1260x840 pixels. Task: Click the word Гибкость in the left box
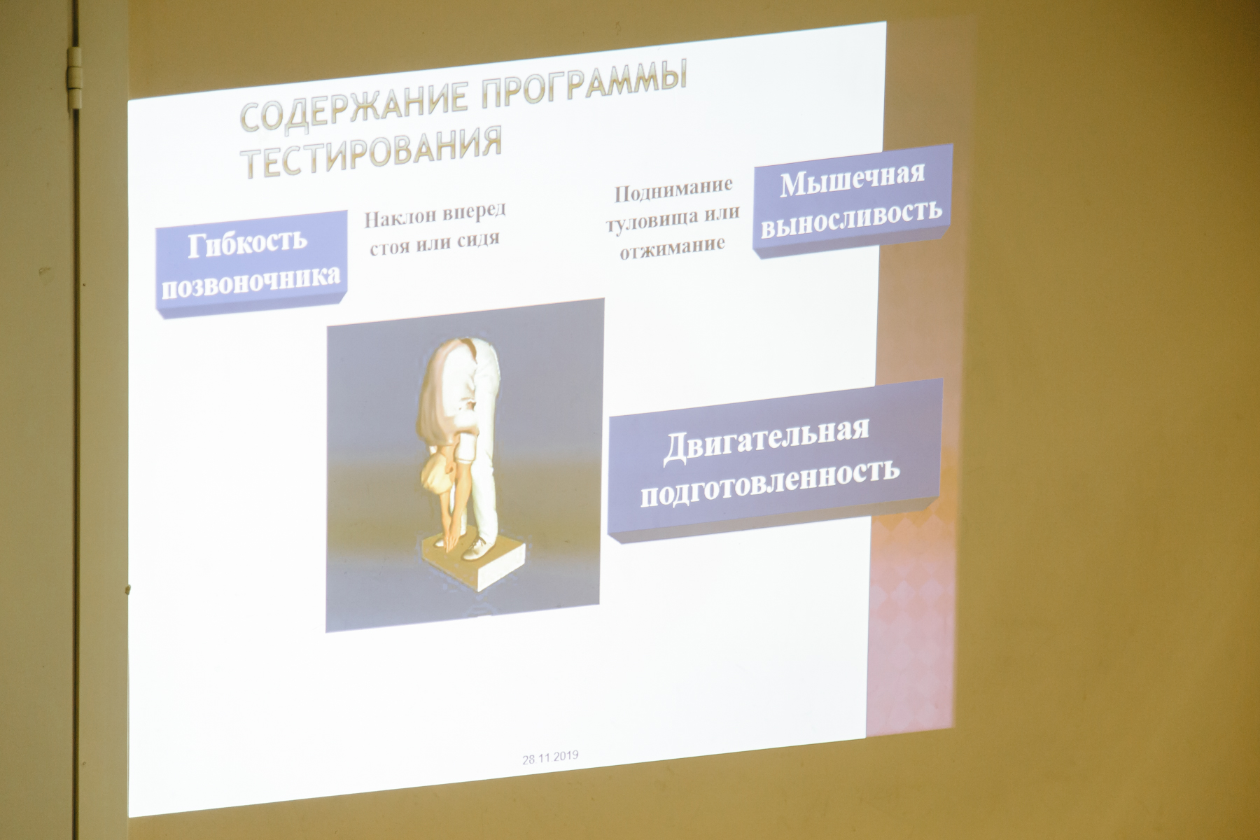(247, 242)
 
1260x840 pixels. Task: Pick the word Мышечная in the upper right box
(852, 178)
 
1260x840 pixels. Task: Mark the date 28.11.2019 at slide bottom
(550, 759)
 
